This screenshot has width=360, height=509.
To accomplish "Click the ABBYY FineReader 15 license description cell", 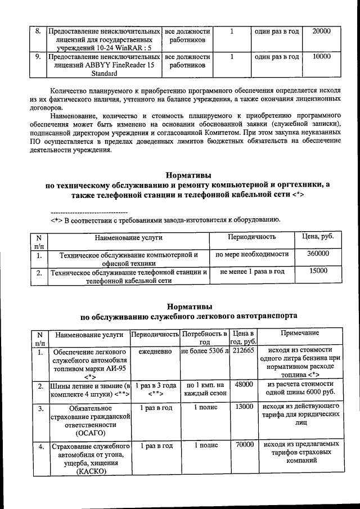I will coord(105,65).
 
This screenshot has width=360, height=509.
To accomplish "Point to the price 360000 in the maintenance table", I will coord(318,254).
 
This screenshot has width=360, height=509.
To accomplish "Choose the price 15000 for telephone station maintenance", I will coord(318,271).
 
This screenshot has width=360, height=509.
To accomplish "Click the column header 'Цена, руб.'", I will coord(318,236).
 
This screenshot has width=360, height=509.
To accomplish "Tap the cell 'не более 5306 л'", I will coord(205,351).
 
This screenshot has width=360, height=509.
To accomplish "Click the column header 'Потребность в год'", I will coord(205,338).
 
